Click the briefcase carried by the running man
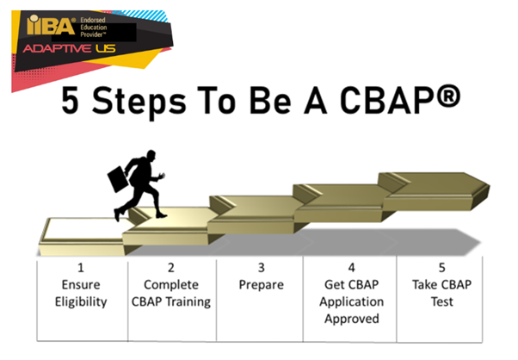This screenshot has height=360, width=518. pos(117,181)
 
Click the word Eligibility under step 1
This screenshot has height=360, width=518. pos(80,301)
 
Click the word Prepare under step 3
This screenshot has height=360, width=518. pos(259,285)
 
